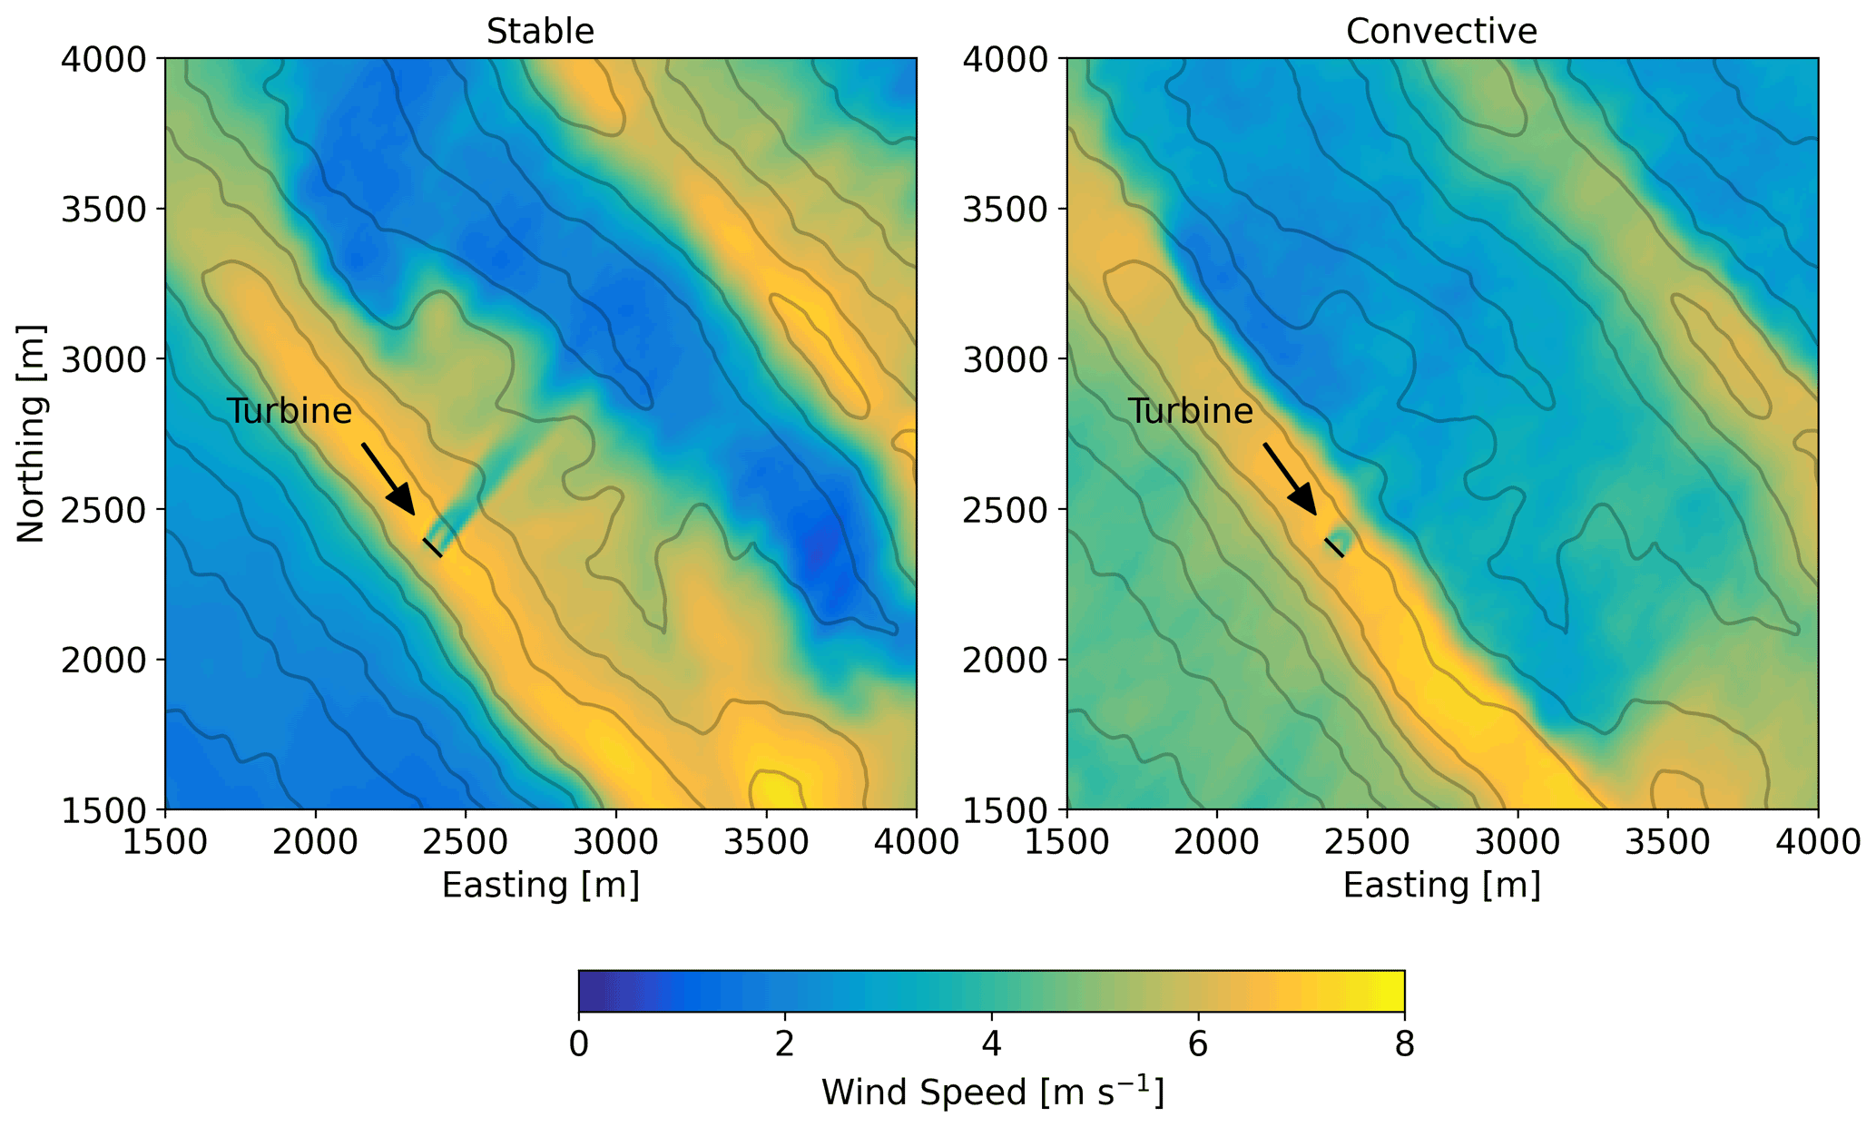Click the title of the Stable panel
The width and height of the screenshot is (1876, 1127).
coord(540,32)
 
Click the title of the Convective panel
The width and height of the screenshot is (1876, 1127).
coord(1441,32)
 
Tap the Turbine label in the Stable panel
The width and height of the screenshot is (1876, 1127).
coord(289,411)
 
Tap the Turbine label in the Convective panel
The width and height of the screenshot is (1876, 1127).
coord(1190,411)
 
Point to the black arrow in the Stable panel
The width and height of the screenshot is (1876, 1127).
coord(388,479)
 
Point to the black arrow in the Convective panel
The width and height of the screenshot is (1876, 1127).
coord(1290,479)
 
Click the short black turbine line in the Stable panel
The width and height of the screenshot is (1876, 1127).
coord(432,547)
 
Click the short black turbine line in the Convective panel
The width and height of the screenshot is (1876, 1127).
coord(1333,547)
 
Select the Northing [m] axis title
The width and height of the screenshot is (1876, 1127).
coord(31,434)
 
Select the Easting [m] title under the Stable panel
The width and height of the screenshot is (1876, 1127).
coord(540,885)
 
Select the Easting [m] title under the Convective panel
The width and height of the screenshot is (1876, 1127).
coord(1441,885)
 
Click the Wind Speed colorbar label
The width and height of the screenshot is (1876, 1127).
coord(992,1092)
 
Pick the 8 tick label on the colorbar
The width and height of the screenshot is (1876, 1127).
coord(1404,1044)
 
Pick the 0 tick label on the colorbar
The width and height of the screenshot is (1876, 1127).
coord(578,1044)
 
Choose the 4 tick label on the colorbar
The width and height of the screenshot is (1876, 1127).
coord(991,1044)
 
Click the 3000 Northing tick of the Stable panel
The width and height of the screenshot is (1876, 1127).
coord(103,359)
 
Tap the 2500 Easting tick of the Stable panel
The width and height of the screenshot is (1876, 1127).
coord(466,841)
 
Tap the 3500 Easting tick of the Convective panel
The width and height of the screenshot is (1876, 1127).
coord(1667,841)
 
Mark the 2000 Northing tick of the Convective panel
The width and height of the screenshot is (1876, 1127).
coord(1005,660)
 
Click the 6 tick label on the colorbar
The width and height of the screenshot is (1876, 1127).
coord(1198,1044)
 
